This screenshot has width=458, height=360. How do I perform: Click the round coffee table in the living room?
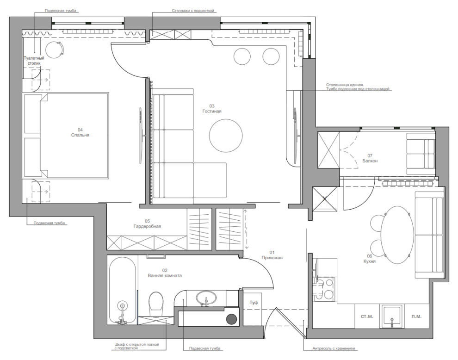[226, 135]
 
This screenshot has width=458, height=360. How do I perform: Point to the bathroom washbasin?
[206, 298]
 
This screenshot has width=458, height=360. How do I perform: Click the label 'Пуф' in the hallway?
[254, 303]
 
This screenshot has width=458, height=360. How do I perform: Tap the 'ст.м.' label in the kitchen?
[367, 317]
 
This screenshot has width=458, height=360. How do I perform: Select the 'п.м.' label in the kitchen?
[416, 317]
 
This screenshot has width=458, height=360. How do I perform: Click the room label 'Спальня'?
[80, 135]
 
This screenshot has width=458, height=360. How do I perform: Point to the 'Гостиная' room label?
[212, 111]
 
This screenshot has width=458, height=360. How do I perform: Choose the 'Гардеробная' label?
[147, 226]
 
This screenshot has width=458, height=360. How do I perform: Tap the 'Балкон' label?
[370, 161]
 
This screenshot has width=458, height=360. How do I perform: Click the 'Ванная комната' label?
[165, 275]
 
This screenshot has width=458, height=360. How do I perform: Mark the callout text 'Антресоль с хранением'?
[334, 348]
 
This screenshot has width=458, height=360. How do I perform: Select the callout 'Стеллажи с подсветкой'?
[193, 11]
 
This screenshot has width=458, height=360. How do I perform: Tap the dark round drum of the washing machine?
[232, 319]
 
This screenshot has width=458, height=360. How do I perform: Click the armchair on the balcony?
[421, 154]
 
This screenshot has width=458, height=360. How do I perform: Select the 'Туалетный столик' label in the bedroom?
[34, 61]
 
